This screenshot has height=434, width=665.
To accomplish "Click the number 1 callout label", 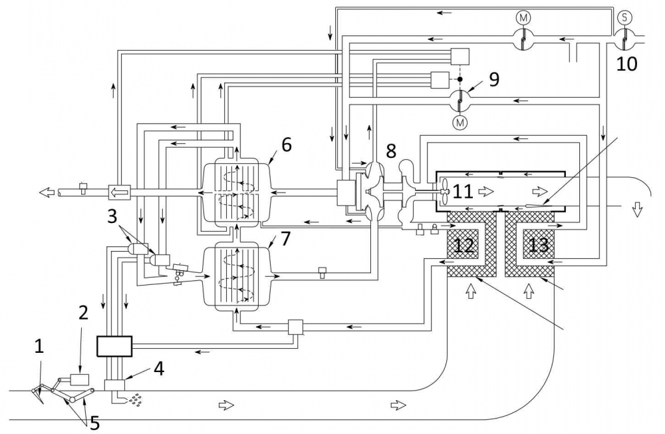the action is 39,347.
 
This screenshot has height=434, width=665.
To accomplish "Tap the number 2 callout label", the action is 83,313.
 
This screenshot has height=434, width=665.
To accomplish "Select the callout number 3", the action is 112,216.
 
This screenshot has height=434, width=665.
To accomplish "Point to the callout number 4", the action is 159,369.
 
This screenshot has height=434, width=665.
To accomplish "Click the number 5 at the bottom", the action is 94,423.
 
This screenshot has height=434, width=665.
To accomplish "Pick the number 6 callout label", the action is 287,145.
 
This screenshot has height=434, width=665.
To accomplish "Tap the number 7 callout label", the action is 286,239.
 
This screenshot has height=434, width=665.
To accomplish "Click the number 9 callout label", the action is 494,79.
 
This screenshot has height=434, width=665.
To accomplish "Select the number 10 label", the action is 627,64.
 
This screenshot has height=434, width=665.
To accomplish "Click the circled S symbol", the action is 624,17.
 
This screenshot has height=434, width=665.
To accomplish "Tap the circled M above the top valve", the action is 523,17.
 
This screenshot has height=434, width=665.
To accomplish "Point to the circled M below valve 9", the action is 460,122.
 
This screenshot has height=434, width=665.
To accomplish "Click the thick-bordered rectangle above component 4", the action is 114,346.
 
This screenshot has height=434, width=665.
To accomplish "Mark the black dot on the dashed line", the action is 460,79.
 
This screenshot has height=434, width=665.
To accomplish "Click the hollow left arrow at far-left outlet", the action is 48,193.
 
